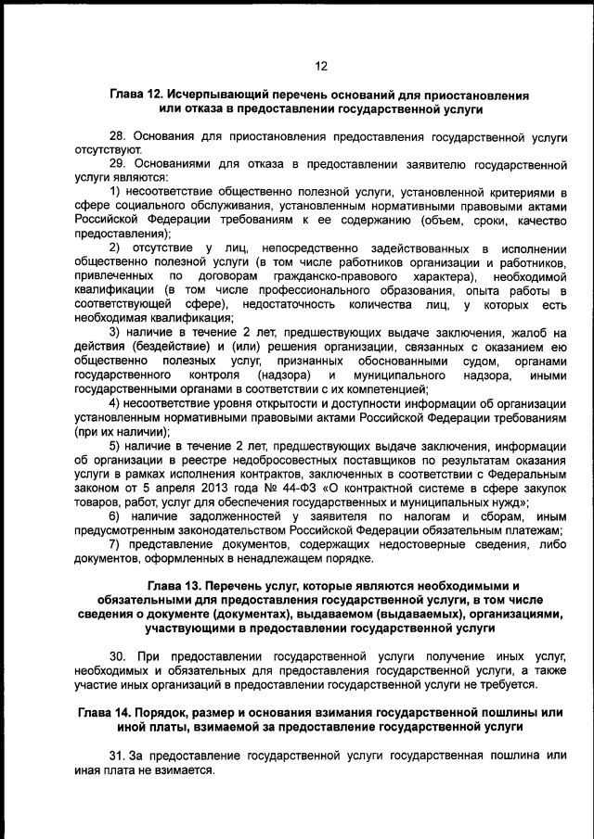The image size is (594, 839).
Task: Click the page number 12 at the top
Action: click(321, 66)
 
